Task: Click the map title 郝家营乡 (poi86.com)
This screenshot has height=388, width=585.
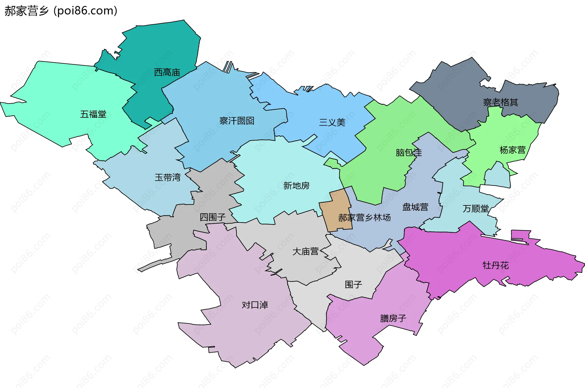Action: (x=61, y=11)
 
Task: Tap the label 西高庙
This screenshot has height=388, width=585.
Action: (x=167, y=73)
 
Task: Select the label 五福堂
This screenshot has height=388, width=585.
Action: (x=93, y=114)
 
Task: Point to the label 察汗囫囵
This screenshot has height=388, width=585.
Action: (x=237, y=121)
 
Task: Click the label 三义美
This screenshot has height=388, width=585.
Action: (x=332, y=123)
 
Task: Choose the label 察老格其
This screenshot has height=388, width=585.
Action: (x=501, y=102)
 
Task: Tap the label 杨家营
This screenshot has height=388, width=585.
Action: (x=512, y=150)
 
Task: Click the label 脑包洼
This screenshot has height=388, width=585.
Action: (x=409, y=152)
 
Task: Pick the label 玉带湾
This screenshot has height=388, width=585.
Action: (x=168, y=177)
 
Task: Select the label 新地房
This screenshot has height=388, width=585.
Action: (x=296, y=186)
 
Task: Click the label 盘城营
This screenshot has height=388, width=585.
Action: (x=415, y=207)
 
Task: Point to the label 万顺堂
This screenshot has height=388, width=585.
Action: (x=476, y=209)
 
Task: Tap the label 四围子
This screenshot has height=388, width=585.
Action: (x=213, y=217)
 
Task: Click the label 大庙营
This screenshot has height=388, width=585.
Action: (x=305, y=252)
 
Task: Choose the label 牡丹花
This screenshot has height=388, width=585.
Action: (x=495, y=265)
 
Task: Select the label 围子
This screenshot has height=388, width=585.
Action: (x=353, y=285)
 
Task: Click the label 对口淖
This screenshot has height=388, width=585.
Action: (x=255, y=305)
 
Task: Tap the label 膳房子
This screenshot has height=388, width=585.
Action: (x=393, y=319)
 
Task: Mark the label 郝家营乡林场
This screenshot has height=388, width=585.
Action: (x=364, y=218)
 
